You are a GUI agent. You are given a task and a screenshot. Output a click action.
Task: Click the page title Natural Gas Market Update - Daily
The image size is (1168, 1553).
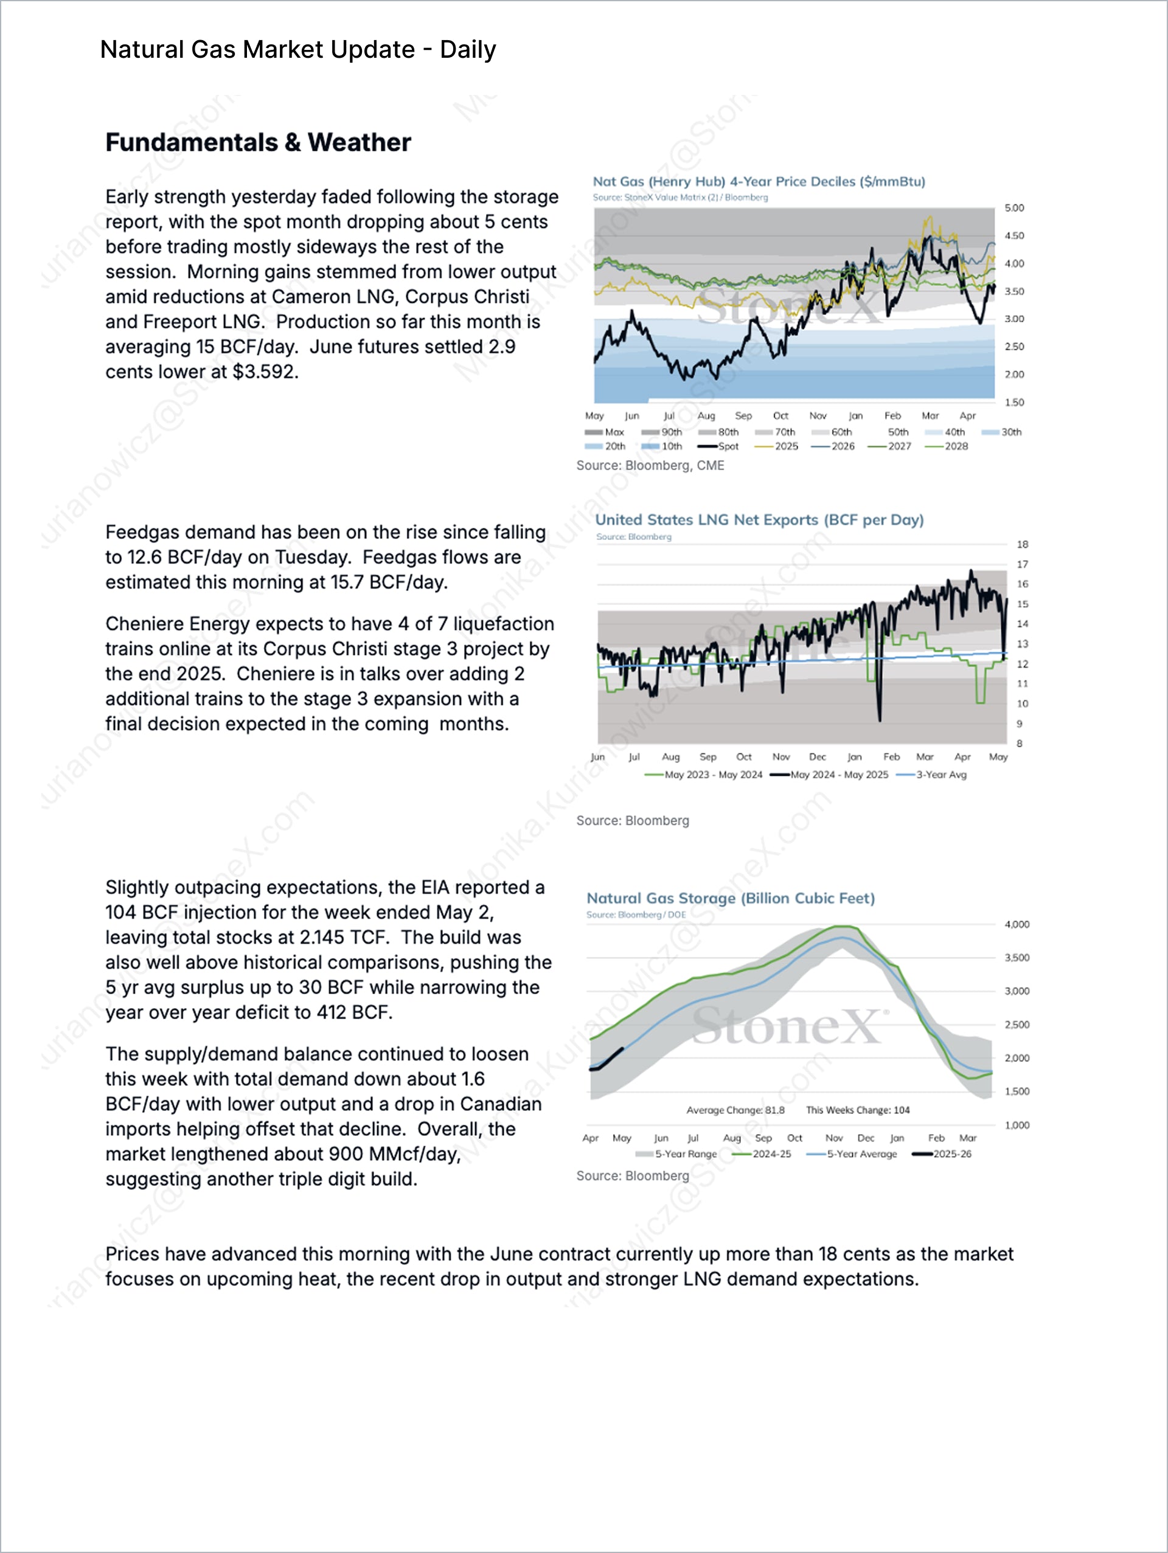click(298, 50)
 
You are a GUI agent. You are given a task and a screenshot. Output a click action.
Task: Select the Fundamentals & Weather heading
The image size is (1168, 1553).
click(258, 142)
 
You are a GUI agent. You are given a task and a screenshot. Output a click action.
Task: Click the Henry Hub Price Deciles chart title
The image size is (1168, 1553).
click(759, 182)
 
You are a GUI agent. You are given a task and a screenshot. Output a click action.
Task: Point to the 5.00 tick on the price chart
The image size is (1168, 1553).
click(1013, 209)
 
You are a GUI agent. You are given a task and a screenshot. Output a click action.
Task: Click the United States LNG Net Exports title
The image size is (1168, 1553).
click(759, 521)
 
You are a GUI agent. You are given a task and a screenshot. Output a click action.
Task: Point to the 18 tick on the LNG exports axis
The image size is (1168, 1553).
click(1022, 545)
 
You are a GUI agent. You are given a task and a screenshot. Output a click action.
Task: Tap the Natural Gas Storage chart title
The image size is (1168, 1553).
click(731, 899)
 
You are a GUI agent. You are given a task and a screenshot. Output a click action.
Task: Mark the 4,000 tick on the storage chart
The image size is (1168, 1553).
click(1017, 925)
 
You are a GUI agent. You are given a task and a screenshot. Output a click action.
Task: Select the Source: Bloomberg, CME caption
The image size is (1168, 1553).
click(650, 466)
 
